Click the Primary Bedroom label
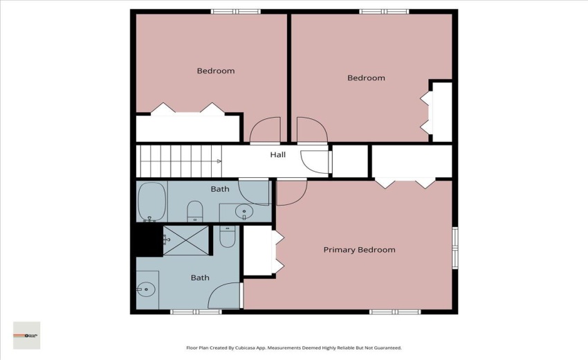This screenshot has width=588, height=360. tap(359, 250)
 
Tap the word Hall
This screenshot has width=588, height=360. tap(277, 155)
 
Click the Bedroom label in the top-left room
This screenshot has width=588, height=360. tap(215, 71)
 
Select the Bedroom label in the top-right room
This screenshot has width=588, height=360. tap(365, 78)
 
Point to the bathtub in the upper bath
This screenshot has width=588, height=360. tap(151, 201)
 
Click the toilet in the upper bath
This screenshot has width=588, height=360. tap(195, 210)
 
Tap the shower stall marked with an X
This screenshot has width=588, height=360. tap(185, 238)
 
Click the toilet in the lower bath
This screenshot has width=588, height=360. tap(228, 237)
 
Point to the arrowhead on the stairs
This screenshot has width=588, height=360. tap(219, 161)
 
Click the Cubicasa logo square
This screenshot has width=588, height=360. tap(27, 335)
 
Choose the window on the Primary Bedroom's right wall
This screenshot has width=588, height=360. tap(454, 248)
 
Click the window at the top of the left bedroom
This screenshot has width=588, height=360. tap(235, 11)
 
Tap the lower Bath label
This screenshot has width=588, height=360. tap(200, 278)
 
